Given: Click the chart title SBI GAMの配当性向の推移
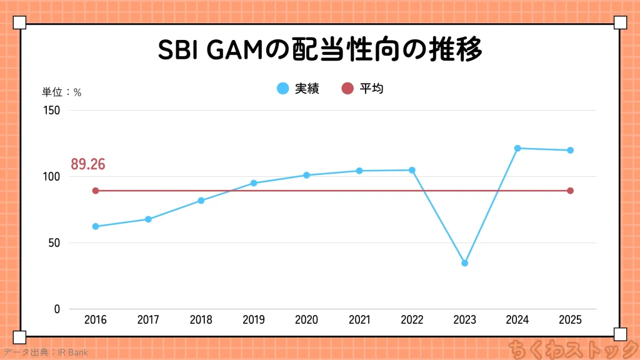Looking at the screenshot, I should coord(320,51).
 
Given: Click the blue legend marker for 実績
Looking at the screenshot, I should coord(283,89).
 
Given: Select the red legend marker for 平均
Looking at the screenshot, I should coord(347,89).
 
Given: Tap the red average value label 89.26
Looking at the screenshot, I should coord(87,164).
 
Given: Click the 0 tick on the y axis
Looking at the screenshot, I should coord(57,309).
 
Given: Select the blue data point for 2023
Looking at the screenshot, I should coord(464,263).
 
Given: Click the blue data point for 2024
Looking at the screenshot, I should coord(517,148).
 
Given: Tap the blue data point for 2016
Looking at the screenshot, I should coord(96,226).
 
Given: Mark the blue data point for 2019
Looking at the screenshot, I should coord(254,183).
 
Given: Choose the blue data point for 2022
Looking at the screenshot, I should coord(412,170).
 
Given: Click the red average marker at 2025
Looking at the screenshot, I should coord(570,191).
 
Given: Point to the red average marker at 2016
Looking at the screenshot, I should coord(96,191).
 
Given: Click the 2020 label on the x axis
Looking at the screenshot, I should coord(306,320).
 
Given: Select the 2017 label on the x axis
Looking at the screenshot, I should coord(148,320).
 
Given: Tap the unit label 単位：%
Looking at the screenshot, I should coord(61,92).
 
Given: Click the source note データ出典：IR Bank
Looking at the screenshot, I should coord(45,352).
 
